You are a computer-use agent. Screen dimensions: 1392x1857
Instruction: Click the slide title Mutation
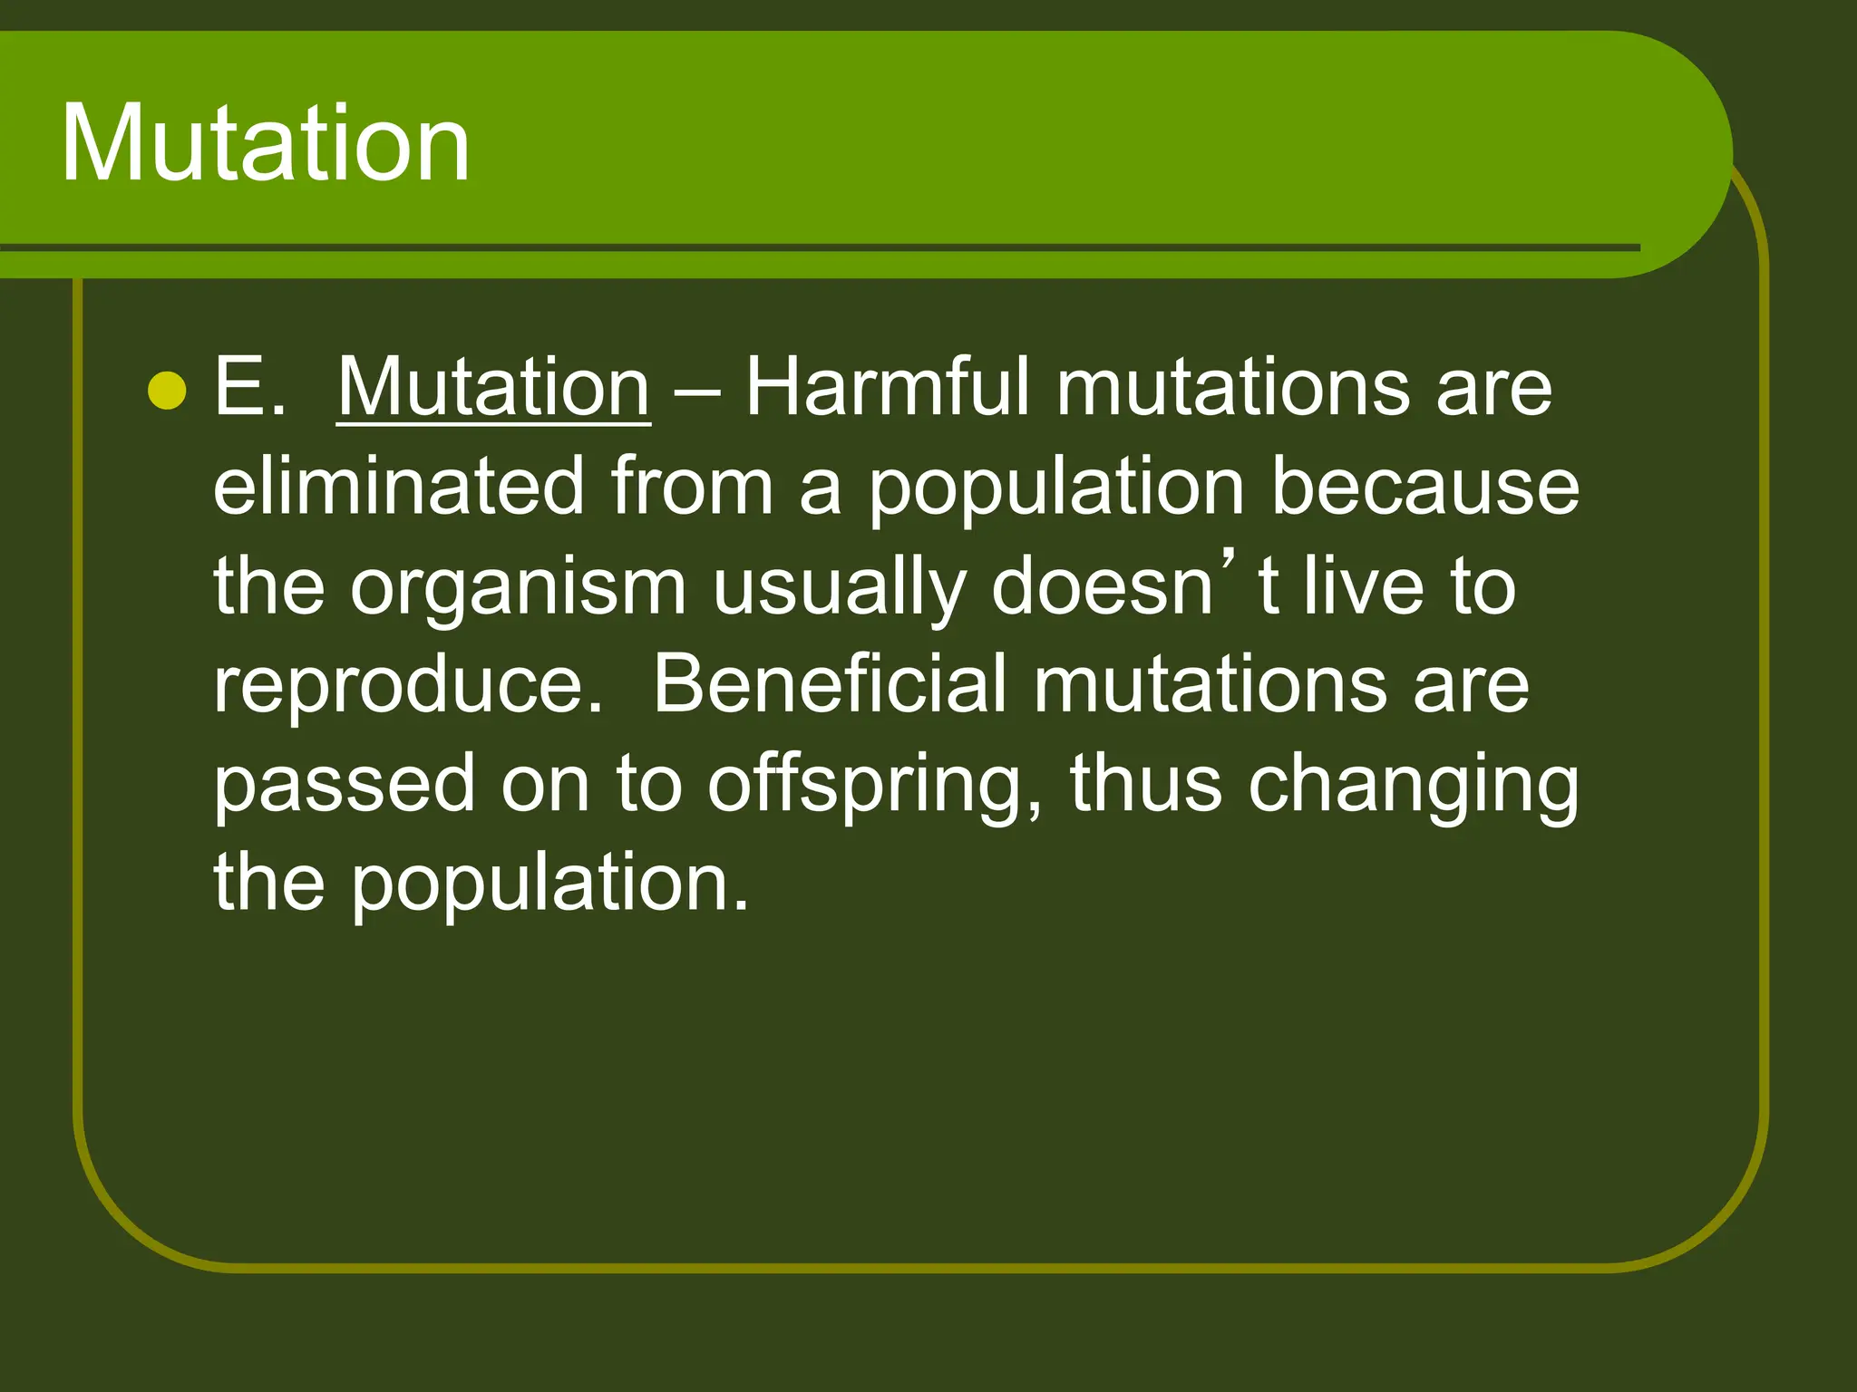point(265,143)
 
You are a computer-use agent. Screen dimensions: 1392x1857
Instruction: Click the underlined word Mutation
point(493,388)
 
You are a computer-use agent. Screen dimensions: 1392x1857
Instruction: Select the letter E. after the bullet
point(249,388)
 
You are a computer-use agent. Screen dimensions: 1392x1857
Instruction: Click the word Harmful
point(888,388)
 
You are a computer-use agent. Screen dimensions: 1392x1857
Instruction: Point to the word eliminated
point(398,487)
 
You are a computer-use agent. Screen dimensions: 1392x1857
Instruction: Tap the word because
point(1424,487)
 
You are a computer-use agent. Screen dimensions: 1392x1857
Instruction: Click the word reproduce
point(408,687)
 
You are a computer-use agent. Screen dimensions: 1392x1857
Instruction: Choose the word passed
point(344,785)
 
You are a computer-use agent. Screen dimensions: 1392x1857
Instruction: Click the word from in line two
point(692,487)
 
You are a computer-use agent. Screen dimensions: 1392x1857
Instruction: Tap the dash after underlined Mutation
point(697,392)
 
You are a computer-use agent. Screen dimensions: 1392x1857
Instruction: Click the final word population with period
point(549,884)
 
